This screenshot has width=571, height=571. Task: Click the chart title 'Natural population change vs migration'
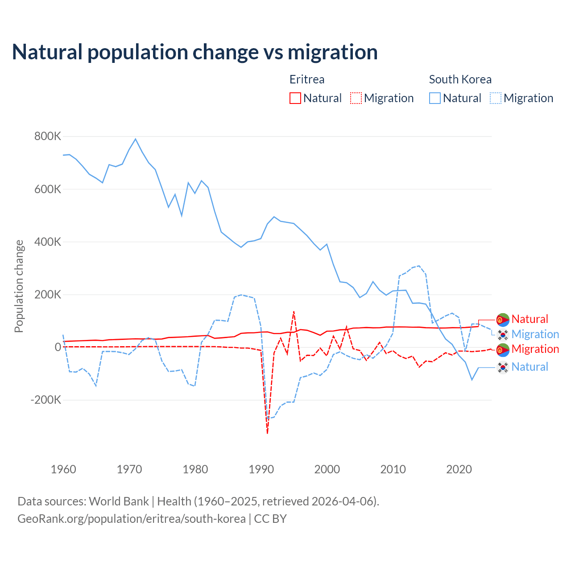pyautogui.click(x=195, y=52)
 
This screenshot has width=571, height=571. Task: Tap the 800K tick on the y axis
pyautogui.click(x=48, y=136)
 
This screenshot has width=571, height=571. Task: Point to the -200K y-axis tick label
pyautogui.click(x=46, y=400)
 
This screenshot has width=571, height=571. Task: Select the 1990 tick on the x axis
pyautogui.click(x=261, y=469)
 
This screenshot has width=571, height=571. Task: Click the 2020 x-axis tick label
pyautogui.click(x=459, y=469)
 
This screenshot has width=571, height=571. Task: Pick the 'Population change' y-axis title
pyautogui.click(x=19, y=286)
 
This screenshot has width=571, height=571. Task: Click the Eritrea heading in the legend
pyautogui.click(x=307, y=79)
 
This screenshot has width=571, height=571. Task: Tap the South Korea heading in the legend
pyautogui.click(x=460, y=79)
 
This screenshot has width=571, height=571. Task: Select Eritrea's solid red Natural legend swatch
pyautogui.click(x=295, y=98)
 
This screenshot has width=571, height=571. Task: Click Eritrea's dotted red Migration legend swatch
pyautogui.click(x=356, y=98)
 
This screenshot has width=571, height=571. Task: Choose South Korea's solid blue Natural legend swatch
pyautogui.click(x=435, y=98)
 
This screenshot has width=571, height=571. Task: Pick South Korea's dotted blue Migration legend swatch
pyautogui.click(x=496, y=98)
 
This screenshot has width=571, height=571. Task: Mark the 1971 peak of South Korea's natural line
pyautogui.click(x=136, y=139)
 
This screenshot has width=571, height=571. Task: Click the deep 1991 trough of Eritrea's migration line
pyautogui.click(x=267, y=433)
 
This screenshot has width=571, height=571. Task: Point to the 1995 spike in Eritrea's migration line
pyautogui.click(x=294, y=312)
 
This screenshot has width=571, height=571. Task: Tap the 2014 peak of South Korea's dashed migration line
pyautogui.click(x=419, y=266)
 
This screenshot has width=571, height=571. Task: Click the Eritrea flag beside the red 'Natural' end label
pyautogui.click(x=503, y=319)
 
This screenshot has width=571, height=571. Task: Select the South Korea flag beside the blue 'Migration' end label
pyautogui.click(x=503, y=335)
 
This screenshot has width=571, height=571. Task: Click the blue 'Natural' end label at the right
pyautogui.click(x=530, y=367)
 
